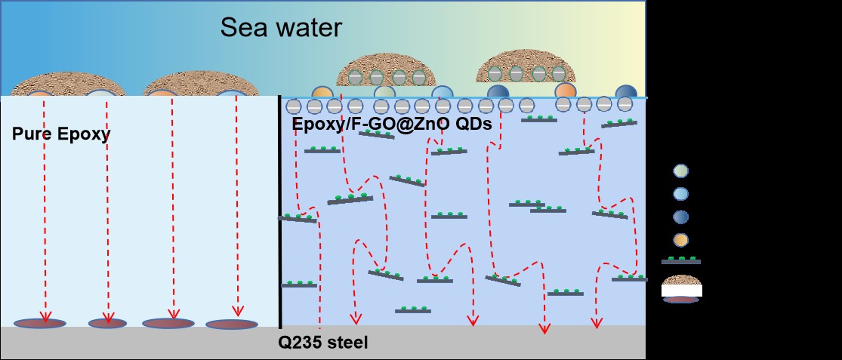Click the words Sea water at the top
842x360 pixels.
coord(281,29)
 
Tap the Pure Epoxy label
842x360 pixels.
coord(61,135)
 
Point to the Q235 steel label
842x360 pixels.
coord(322,343)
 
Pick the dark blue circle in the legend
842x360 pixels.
coord(680,217)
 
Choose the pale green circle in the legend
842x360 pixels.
coord(680,171)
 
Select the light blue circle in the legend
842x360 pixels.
coord(680,194)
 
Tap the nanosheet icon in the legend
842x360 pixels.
coord(680,260)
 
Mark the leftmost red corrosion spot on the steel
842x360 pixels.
coord(40,323)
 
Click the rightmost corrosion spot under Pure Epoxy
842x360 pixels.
coord(232,325)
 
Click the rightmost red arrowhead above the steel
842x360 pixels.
coord(597,323)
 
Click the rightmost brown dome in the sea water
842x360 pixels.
coord(526,67)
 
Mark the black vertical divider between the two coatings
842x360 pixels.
coord(280,211)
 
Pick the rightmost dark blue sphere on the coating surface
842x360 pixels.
coord(625,91)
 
